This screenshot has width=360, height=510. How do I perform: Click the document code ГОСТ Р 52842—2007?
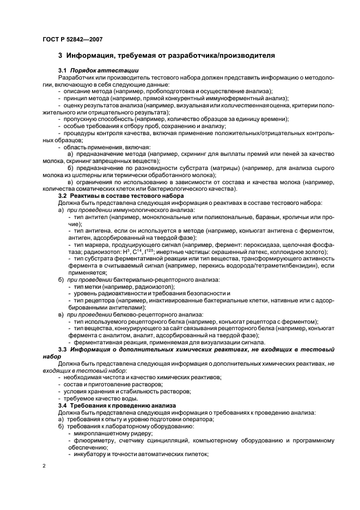click(x=72, y=39)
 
